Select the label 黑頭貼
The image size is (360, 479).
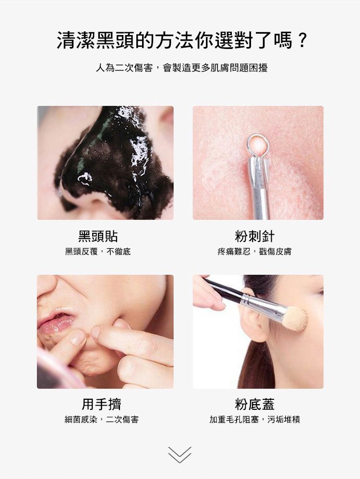coord(98,236)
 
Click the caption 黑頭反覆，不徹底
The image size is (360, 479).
coord(98,251)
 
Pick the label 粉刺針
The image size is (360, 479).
coord(254,236)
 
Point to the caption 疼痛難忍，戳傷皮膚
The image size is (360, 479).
coord(254,251)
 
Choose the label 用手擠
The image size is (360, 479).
coord(101,404)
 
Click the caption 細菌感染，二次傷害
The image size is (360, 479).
coord(101,420)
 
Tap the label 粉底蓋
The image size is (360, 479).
coord(255,404)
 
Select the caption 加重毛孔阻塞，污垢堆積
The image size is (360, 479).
coord(255,420)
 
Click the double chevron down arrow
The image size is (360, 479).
coord(180,454)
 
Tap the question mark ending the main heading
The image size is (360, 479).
coord(301,40)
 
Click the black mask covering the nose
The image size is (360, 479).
coord(115,158)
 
